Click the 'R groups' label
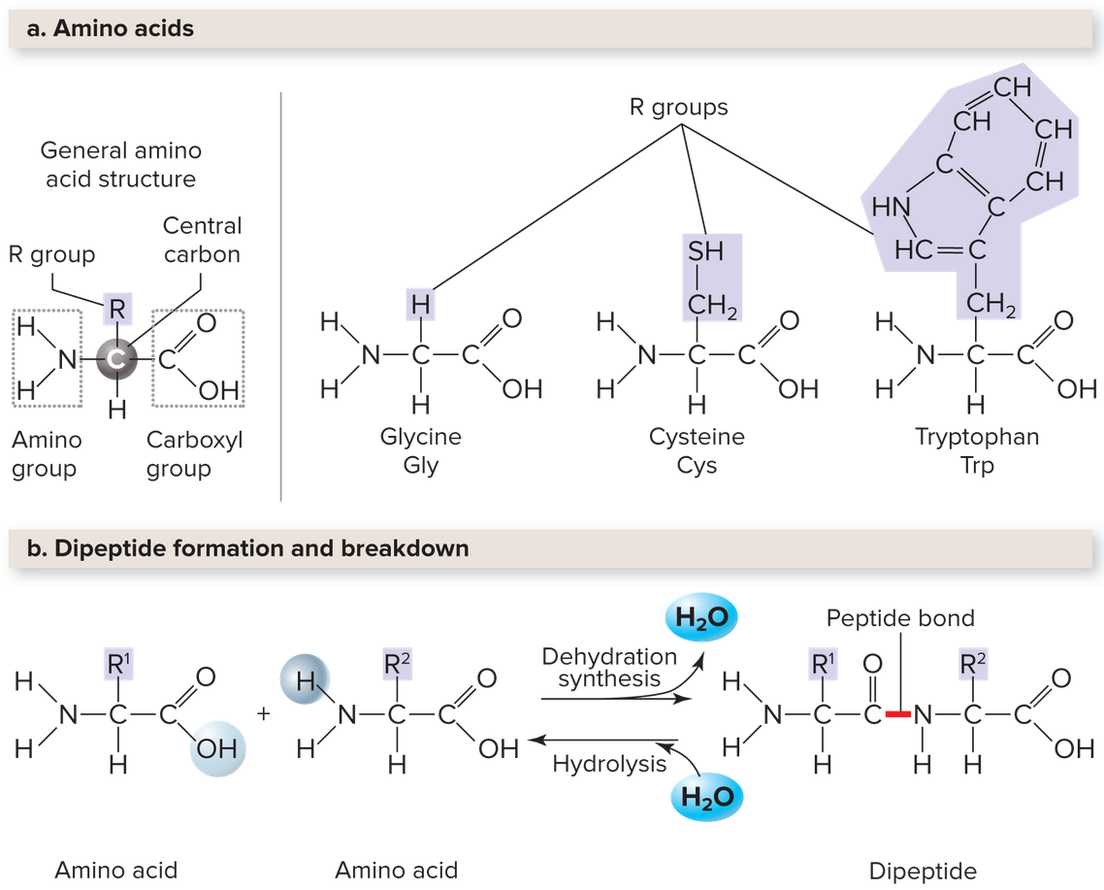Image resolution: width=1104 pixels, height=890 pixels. [678, 107]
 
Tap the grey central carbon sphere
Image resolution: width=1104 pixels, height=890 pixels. [117, 359]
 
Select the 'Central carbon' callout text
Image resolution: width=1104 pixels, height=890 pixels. [202, 240]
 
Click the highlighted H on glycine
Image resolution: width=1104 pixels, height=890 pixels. [419, 305]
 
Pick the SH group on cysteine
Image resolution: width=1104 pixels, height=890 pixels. [705, 251]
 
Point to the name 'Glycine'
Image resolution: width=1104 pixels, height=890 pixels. [420, 437]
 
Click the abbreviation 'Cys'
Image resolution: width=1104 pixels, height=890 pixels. [697, 465]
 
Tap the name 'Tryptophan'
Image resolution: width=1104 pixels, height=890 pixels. [977, 437]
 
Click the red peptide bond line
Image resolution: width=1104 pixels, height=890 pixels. [897, 715]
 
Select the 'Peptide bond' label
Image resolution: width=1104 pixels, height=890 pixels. [900, 618]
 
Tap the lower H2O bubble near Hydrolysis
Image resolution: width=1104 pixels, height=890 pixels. [705, 798]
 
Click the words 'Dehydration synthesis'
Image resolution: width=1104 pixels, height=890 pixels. [609, 668]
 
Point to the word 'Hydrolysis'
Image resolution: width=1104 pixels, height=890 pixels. [609, 764]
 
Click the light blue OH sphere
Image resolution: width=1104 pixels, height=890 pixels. [218, 748]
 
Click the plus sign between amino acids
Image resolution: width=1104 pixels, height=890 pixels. [263, 714]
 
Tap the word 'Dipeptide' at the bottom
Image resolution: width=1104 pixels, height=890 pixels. [923, 870]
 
